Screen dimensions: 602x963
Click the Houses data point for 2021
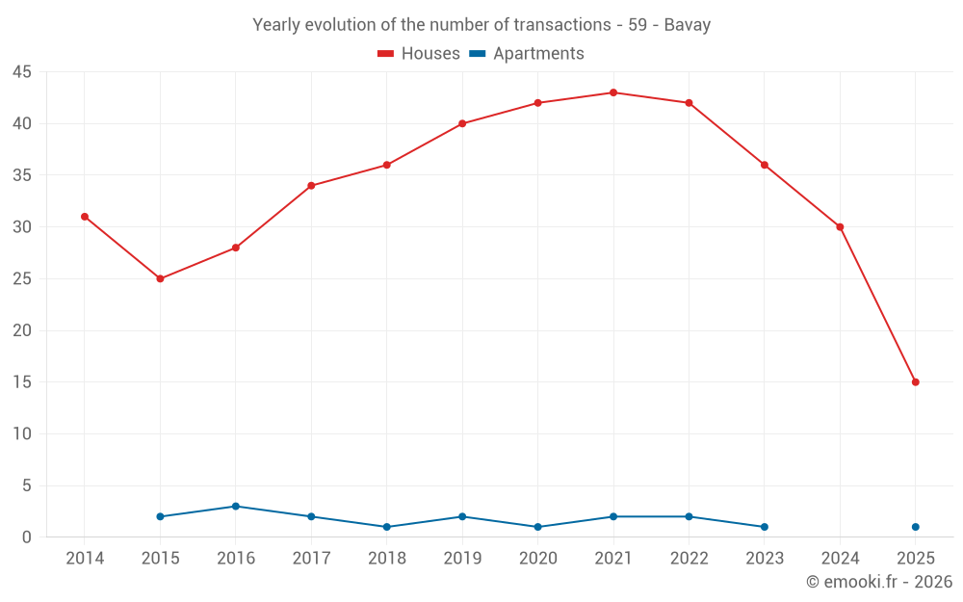click(613, 92)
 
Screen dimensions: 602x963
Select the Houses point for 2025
click(916, 382)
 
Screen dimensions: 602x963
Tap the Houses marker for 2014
click(85, 217)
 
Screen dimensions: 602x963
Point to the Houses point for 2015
click(160, 279)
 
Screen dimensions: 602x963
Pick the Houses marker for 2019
click(462, 123)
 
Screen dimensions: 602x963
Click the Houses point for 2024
click(840, 227)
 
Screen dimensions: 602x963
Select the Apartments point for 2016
click(235, 507)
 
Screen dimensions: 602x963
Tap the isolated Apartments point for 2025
click(916, 527)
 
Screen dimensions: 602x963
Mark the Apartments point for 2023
click(765, 527)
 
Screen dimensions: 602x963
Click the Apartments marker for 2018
click(386, 527)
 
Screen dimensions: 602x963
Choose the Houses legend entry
click(419, 54)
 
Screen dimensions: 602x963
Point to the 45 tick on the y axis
click(22, 72)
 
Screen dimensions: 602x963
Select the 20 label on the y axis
click(22, 330)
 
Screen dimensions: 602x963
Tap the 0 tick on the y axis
click(27, 537)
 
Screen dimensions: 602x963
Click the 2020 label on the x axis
click(537, 559)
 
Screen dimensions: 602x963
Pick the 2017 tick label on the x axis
click(311, 559)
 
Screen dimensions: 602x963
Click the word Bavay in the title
click(688, 25)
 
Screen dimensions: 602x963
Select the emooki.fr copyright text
click(879, 582)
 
